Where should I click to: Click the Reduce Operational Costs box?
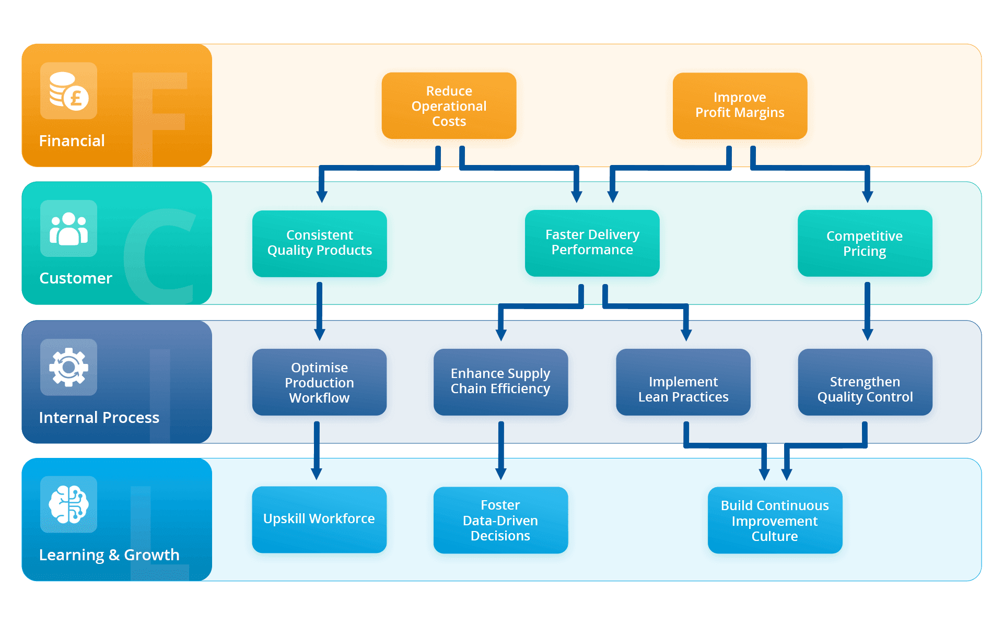449,106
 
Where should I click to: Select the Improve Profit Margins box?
740,106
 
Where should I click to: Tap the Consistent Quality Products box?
319,243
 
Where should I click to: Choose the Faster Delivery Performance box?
592,243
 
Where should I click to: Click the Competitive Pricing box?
865,243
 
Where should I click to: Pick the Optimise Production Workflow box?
319,382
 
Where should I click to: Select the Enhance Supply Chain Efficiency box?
500,382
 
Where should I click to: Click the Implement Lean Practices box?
683,382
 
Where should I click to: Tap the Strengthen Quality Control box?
865,382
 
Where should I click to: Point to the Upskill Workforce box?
319,520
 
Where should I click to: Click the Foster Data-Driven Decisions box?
500,520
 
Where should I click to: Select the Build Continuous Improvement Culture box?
775,520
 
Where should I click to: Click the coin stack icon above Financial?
68,91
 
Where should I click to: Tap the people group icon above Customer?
68,229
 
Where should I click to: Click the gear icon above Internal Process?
68,367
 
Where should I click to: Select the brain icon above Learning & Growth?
68,504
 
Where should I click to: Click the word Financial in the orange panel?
72,141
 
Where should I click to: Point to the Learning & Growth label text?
109,555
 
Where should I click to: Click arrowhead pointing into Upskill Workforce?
317,474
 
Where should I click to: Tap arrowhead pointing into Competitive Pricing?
867,197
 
